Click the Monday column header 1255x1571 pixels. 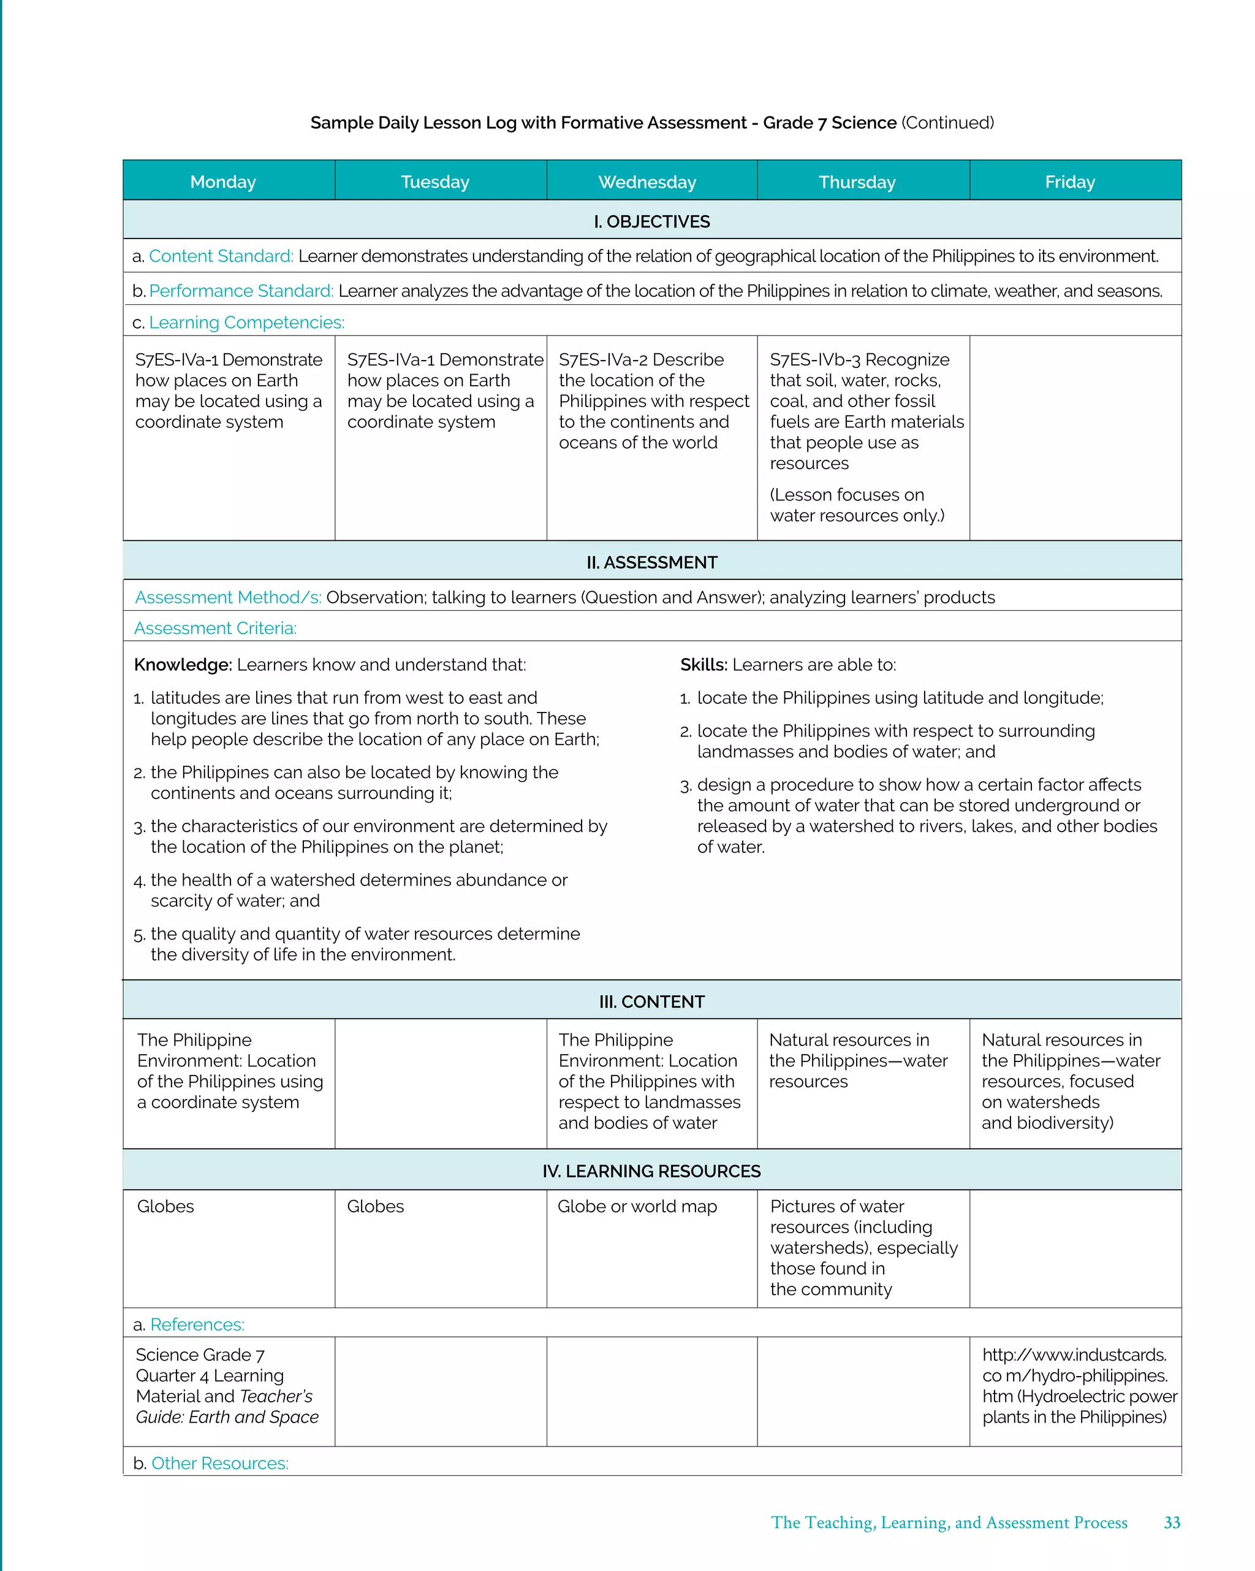(x=223, y=182)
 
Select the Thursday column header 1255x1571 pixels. (x=857, y=182)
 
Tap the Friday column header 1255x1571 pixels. (x=1069, y=182)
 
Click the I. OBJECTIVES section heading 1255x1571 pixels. (x=651, y=221)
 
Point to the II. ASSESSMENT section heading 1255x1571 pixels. (x=651, y=562)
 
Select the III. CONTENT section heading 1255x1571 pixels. (x=651, y=1002)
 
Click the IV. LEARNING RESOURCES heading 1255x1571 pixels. (x=651, y=1171)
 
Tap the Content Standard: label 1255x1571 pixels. (x=221, y=256)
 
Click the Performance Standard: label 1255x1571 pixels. (x=241, y=291)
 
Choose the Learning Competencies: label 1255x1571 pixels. (x=246, y=323)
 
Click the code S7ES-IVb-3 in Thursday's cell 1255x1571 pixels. (x=815, y=360)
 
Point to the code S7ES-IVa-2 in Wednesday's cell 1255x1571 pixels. (x=603, y=360)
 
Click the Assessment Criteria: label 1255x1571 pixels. (x=215, y=628)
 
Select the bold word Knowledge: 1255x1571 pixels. (x=183, y=665)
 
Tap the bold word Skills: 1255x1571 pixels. (x=703, y=665)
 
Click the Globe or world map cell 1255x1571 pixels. (x=637, y=1207)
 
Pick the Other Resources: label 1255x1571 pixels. (x=219, y=1463)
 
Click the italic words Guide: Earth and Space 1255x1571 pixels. (x=227, y=1417)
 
